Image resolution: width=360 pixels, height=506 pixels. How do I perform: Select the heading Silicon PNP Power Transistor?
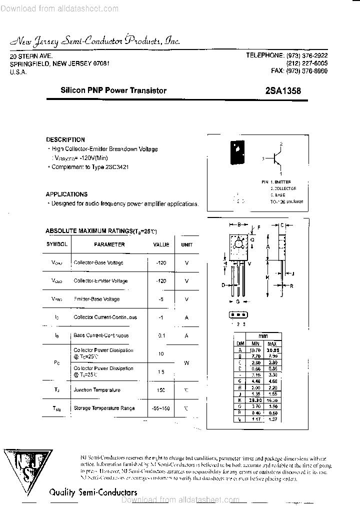coord(113,90)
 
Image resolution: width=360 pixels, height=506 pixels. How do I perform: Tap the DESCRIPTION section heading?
coord(65,140)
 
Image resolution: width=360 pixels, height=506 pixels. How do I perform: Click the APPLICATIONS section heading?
coord(66,194)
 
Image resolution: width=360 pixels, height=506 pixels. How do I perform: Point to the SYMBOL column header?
coord(57,244)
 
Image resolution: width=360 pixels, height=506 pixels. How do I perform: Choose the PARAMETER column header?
coord(109,244)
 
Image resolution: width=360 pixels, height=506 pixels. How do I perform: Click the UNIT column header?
coord(186,244)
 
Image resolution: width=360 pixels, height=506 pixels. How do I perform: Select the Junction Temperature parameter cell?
coord(97,390)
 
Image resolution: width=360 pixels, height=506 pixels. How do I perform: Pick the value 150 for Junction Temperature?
coord(161,390)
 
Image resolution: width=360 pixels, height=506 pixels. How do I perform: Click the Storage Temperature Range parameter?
coord(104,408)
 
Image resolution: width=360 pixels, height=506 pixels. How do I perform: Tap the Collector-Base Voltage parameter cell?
coord(98,262)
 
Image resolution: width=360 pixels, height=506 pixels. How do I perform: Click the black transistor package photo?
coord(236,152)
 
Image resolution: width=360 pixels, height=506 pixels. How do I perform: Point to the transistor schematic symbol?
coord(276,158)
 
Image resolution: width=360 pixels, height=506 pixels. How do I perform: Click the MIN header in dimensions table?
coord(255,344)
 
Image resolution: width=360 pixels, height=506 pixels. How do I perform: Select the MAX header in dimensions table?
coord(272,344)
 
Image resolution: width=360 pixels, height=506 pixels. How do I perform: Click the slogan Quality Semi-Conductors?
coord(93,492)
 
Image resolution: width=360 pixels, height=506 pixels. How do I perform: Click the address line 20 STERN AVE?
coord(31,56)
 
